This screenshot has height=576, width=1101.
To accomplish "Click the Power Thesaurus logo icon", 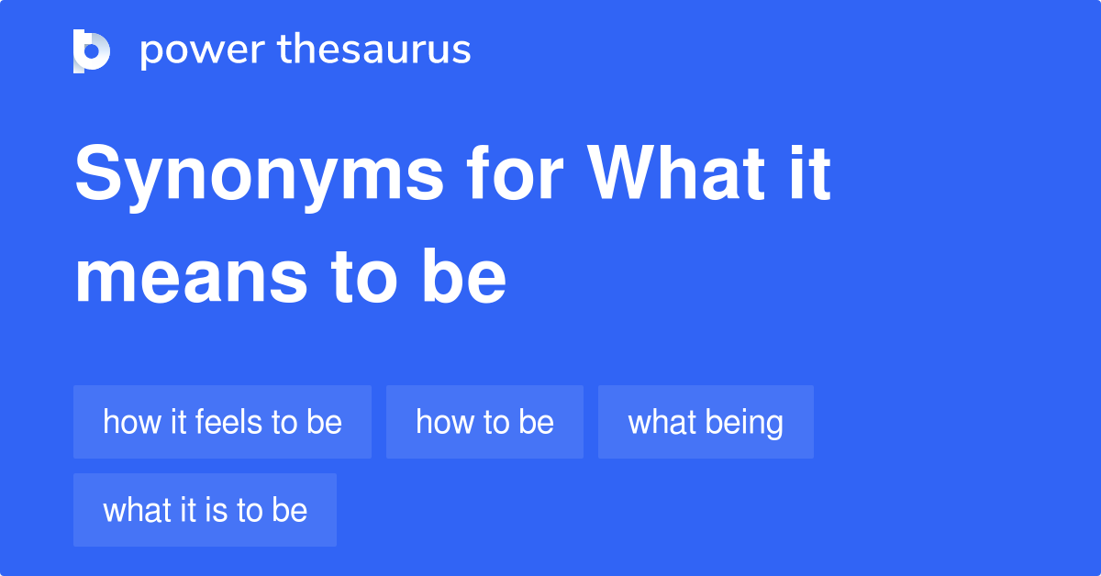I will [92, 50].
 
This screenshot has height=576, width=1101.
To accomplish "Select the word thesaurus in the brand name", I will [374, 50].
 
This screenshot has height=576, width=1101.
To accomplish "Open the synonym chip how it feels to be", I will [222, 422].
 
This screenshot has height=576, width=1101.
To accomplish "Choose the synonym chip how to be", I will [484, 422].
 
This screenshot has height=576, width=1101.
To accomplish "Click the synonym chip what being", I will [706, 422].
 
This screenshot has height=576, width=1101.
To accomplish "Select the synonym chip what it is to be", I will [205, 510].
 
